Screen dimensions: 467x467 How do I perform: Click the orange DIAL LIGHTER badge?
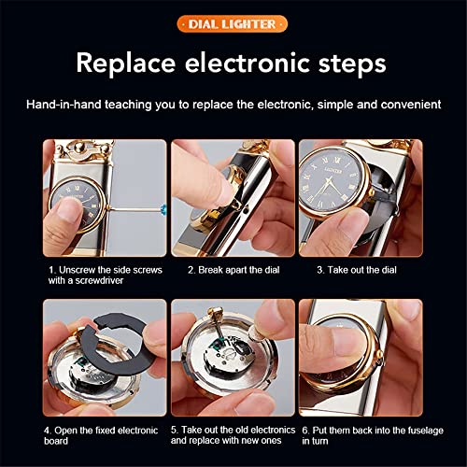(x=233, y=22)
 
